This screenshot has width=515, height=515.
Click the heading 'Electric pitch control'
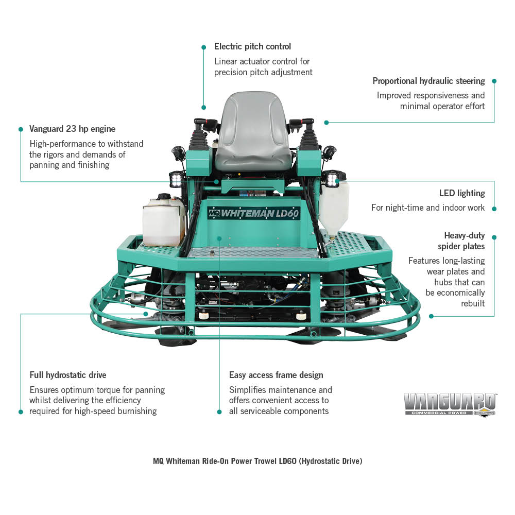(252, 47)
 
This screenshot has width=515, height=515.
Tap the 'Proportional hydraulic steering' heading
(428, 81)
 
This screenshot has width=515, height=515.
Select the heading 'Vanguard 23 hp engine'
(72, 129)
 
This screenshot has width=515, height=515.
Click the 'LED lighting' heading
(462, 193)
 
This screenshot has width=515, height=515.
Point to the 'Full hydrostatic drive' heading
(68, 375)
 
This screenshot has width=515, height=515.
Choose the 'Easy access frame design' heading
(276, 375)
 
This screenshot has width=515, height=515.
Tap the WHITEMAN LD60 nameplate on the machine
(254, 214)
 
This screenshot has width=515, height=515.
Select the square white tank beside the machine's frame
(163, 221)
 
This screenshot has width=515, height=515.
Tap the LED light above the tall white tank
(332, 179)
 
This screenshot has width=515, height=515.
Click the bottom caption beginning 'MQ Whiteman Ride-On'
(257, 461)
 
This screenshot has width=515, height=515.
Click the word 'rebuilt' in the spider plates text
(473, 303)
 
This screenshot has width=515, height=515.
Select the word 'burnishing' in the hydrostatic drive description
(137, 411)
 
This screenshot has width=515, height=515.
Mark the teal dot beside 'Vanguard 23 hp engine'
(21, 129)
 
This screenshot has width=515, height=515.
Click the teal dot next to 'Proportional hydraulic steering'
(494, 81)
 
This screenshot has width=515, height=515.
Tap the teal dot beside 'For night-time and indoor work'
(494, 209)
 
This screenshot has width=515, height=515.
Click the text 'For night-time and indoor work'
(428, 208)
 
